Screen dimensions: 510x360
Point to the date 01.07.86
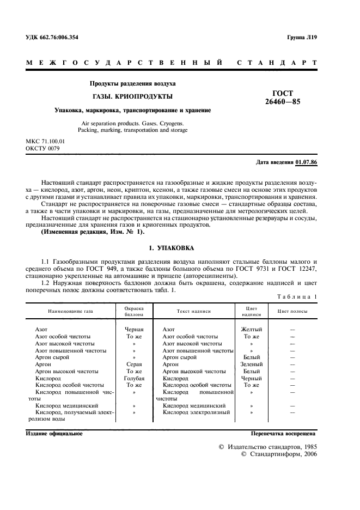[307, 162]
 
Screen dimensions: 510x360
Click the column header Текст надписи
[193, 311]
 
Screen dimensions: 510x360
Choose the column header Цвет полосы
[292, 311]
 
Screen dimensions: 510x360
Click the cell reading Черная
[134, 330]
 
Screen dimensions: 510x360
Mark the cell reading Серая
[134, 363]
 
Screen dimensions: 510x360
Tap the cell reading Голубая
[134, 378]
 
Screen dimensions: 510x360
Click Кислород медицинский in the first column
[66, 405]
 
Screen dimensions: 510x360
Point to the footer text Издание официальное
[54, 433]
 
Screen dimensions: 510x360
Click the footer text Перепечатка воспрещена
[283, 433]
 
